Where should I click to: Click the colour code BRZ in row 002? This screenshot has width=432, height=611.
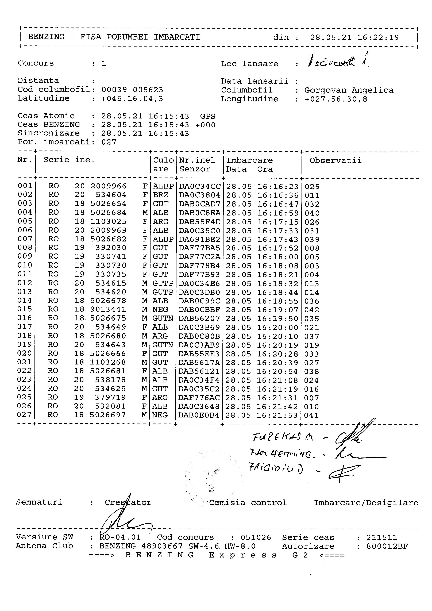(160, 195)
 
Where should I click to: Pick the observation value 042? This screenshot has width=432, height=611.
(312, 310)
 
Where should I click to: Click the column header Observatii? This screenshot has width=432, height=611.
(335, 160)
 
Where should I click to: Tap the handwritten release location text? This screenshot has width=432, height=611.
(338, 62)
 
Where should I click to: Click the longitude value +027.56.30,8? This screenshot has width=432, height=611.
(336, 99)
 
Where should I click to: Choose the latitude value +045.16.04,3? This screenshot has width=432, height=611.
(132, 99)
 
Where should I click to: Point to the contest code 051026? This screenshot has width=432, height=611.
(256, 537)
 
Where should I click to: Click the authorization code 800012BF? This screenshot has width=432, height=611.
(387, 546)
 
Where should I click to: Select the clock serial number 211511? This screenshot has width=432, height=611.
(381, 537)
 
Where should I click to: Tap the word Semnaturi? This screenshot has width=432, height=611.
(39, 502)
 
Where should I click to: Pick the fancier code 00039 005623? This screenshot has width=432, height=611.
(132, 90)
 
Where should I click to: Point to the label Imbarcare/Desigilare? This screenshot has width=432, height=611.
(366, 503)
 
